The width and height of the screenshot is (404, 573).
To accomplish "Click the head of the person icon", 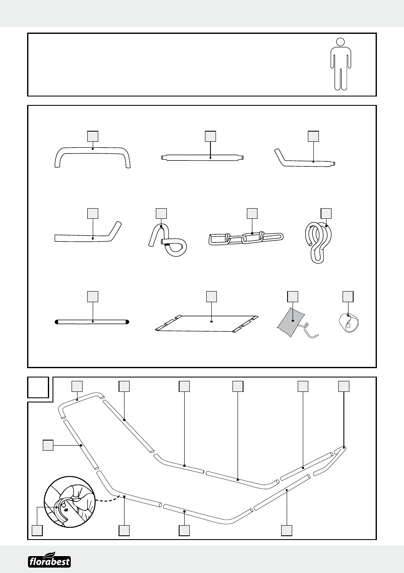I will pyautogui.click(x=340, y=42).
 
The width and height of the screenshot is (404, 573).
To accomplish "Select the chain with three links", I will pyautogui.click(x=246, y=238).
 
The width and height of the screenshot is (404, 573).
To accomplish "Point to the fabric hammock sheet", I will pyautogui.click(x=207, y=323).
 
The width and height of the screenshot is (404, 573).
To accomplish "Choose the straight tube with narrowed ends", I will pyautogui.click(x=203, y=158).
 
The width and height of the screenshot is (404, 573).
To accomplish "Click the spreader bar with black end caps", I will pyautogui.click(x=92, y=322).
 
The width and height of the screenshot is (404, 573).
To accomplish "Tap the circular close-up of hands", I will pyautogui.click(x=70, y=502).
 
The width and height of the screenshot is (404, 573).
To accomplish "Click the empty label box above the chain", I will pyautogui.click(x=252, y=213).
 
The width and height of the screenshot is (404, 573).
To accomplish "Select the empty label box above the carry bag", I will pyautogui.click(x=293, y=296).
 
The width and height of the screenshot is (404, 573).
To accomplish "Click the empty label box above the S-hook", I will pyautogui.click(x=326, y=213).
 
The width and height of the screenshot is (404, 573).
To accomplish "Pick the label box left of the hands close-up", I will pyautogui.click(x=37, y=530).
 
